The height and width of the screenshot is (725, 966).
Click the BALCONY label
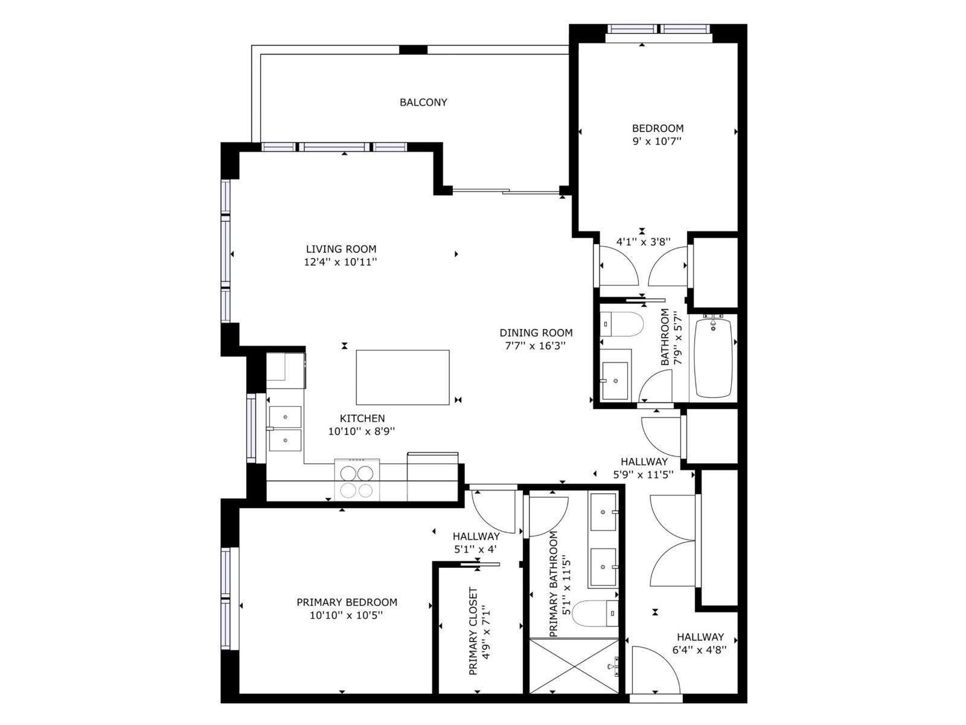pyautogui.click(x=423, y=103)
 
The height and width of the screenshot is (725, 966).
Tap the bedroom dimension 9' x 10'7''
pyautogui.click(x=657, y=141)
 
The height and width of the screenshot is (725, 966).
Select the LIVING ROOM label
pyautogui.click(x=341, y=249)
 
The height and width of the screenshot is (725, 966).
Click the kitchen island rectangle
pyautogui.click(x=403, y=378)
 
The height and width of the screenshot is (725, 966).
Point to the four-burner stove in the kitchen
pyautogui.click(x=357, y=480)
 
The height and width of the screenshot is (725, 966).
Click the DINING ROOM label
pyautogui.click(x=536, y=333)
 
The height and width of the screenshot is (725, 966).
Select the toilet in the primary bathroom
pyautogui.click(x=595, y=614)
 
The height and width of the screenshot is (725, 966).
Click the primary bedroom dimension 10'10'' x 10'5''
pyautogui.click(x=347, y=616)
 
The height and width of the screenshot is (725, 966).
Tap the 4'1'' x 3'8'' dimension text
pyautogui.click(x=643, y=242)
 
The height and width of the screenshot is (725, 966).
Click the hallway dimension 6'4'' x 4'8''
pyautogui.click(x=699, y=650)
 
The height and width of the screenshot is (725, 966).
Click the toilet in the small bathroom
pyautogui.click(x=622, y=324)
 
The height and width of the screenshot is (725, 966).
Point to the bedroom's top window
pyautogui.click(x=659, y=29)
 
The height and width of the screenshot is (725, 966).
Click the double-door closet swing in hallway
pyautogui.click(x=673, y=541)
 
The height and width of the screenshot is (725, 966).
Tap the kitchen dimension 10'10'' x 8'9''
pyautogui.click(x=361, y=431)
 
